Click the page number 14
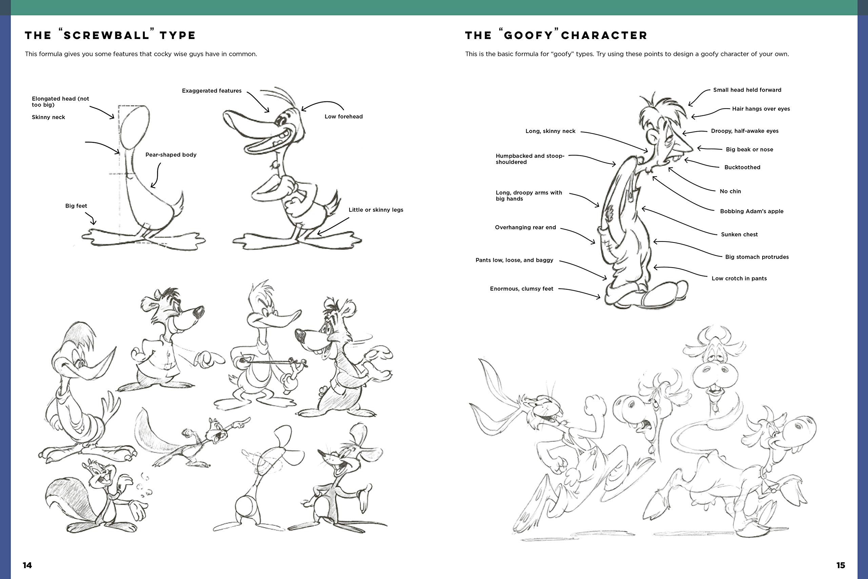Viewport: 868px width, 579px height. click(27, 565)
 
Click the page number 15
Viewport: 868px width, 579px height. click(840, 565)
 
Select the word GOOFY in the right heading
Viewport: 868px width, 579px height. click(528, 36)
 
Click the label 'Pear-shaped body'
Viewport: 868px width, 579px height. click(171, 155)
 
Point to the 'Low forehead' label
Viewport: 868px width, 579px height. click(343, 117)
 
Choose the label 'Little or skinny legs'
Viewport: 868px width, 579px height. click(376, 210)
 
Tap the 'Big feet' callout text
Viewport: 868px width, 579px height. click(76, 206)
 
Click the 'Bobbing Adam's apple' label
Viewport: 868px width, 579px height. click(752, 211)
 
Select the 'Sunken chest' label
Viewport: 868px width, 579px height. click(739, 234)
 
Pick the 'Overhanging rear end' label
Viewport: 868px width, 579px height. click(525, 228)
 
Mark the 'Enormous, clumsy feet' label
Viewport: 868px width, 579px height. click(521, 289)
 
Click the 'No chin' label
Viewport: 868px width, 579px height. click(730, 191)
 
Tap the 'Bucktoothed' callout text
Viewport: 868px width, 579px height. click(742, 167)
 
